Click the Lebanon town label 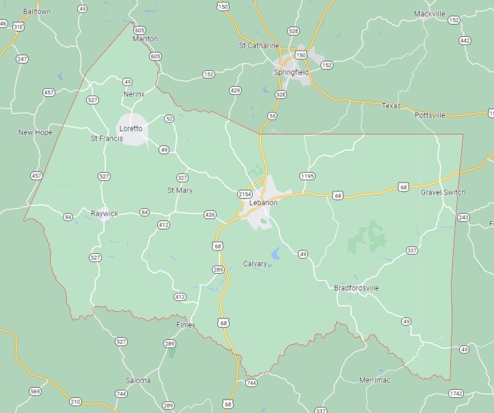coord(263,203)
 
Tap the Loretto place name coord(131,128)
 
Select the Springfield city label coord(291,72)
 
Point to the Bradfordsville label coord(357,288)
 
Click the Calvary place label coord(256,264)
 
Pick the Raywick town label coord(105,214)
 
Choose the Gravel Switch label coord(443,193)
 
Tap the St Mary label coord(180,190)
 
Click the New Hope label coord(35,132)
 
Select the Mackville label coord(430,14)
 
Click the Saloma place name coord(139,380)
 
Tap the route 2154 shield coord(245,195)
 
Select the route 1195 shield coord(307,176)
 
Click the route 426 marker coord(210,215)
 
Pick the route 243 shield coord(464,217)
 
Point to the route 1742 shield coord(456,393)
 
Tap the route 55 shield coord(273,116)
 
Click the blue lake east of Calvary coord(275,254)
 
